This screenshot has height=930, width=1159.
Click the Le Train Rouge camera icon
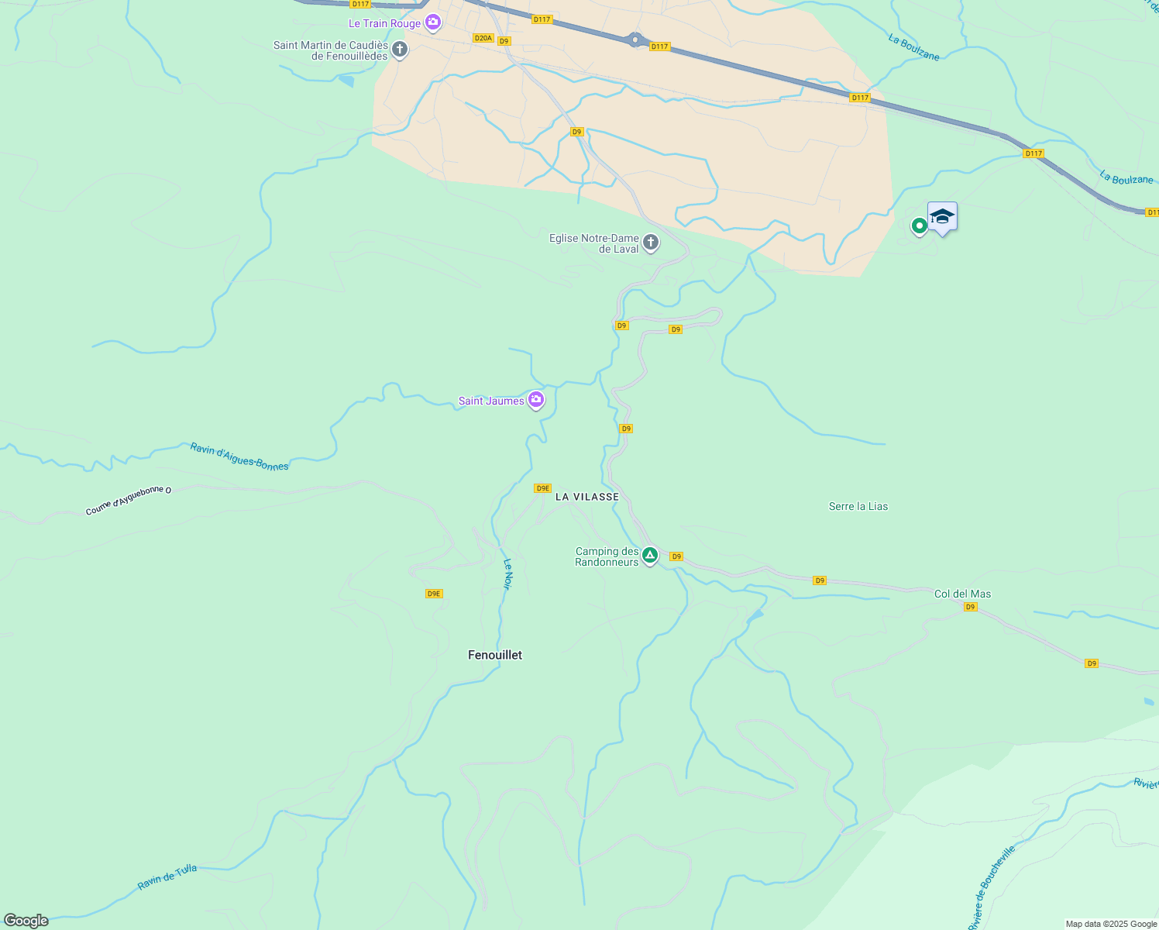pos(433,22)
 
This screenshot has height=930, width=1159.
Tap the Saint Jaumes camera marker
pos(535,400)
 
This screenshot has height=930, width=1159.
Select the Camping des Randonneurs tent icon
pos(650,556)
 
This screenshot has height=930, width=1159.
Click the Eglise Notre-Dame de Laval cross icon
pos(651,243)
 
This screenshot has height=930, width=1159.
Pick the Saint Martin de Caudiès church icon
pos(400,50)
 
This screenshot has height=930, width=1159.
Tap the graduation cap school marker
pos(942,217)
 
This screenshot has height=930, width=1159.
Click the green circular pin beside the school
pos(919,226)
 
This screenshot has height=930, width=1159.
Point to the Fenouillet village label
pos(495,655)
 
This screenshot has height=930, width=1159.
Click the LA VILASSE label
pos(587,497)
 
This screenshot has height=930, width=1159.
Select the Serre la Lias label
pos(858,506)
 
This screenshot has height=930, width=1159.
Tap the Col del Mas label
pos(962,594)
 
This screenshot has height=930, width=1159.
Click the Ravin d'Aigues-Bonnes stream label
pos(239,456)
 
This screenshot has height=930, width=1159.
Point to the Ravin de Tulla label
pos(167,877)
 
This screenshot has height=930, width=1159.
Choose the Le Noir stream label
pos(507,574)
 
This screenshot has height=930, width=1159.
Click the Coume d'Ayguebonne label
pos(128,501)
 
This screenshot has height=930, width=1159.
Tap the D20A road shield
pos(483,38)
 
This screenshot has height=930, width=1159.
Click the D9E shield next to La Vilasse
pos(542,488)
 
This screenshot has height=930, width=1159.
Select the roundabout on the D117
pos(635,39)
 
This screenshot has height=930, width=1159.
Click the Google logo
pos(26,920)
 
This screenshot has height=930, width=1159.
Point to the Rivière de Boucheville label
pos(991,888)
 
